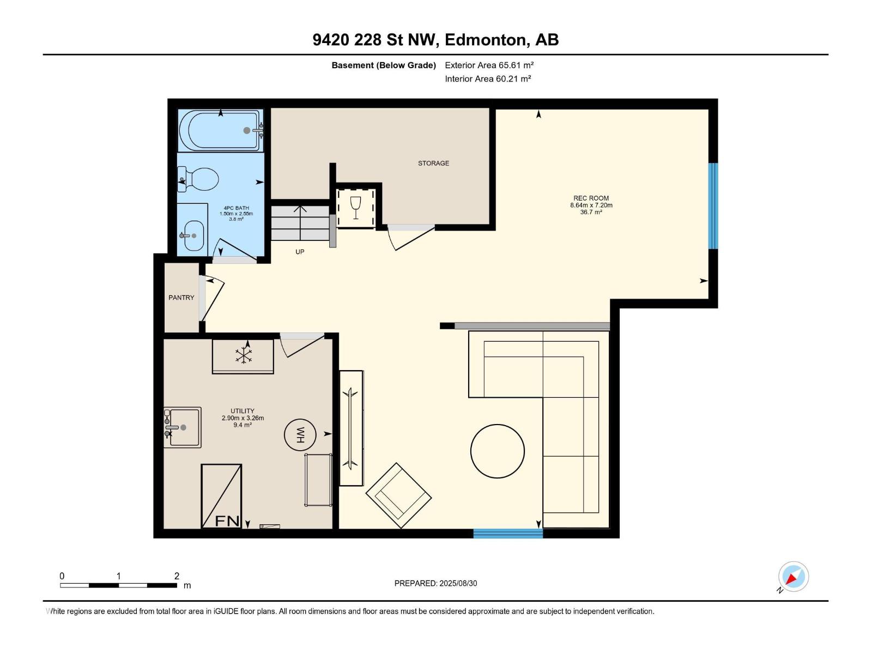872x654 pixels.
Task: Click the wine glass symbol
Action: pos(355,207)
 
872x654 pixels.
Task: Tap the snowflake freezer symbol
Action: pos(244,355)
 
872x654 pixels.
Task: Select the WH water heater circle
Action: pos(300,435)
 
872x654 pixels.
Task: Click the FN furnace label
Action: pos(227,520)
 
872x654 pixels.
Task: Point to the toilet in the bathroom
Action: pos(198,179)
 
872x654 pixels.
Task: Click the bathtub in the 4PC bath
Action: pos(221,130)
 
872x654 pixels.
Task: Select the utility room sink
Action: pos(183,427)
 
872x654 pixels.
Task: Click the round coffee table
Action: pos(498,451)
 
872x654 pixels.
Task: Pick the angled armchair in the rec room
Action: pos(398,495)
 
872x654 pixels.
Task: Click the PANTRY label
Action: pos(181,298)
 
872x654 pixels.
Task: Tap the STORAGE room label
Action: pos(433,163)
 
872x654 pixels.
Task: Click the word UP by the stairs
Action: pos(300,252)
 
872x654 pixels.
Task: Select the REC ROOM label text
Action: pos(591,198)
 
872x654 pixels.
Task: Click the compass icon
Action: pos(794,577)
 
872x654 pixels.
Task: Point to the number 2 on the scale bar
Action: pos(177,576)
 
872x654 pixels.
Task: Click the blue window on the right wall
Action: pos(713,206)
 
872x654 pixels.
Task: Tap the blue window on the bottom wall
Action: pos(508,534)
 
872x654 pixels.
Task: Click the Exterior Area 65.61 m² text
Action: pos(489,65)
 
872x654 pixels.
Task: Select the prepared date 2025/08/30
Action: pos(458,583)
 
